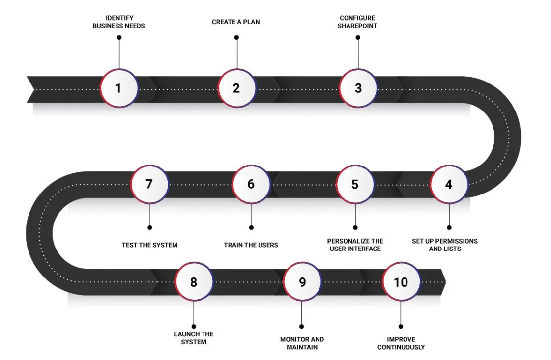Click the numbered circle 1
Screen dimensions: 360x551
click(x=118, y=88)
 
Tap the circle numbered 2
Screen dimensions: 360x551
click(x=236, y=88)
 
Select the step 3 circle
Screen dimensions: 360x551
click(x=358, y=88)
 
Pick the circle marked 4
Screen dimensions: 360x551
click(x=448, y=184)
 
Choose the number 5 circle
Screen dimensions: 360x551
click(x=355, y=184)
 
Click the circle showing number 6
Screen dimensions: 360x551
click(x=251, y=184)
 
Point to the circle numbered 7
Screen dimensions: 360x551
click(x=149, y=184)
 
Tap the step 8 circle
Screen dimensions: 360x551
click(x=194, y=282)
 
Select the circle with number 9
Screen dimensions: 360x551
click(x=302, y=282)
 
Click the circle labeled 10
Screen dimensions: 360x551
click(x=401, y=282)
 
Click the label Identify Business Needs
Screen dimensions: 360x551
click(x=119, y=22)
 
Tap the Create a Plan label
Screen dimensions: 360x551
click(x=236, y=22)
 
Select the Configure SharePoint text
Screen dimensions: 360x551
click(x=357, y=22)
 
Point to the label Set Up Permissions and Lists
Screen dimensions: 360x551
click(x=445, y=245)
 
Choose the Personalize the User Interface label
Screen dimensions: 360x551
click(x=355, y=245)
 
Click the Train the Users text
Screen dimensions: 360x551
click(x=251, y=245)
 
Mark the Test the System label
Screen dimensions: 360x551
click(x=149, y=245)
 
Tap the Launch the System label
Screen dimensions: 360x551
click(x=194, y=338)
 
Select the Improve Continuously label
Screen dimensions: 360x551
click(x=401, y=343)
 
